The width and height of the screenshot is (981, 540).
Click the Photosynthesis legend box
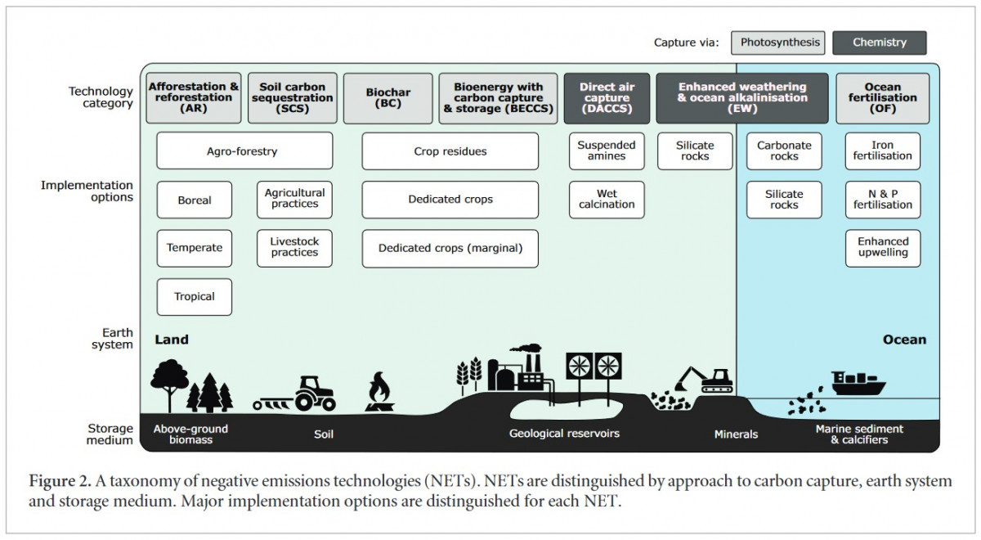pyautogui.click(x=777, y=43)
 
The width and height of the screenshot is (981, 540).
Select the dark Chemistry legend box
pyautogui.click(x=880, y=43)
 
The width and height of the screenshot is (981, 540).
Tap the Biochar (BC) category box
pyautogui.click(x=387, y=98)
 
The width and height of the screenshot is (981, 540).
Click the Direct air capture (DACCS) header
pyautogui.click(x=607, y=98)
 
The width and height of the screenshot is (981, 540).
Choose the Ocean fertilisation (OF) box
pyautogui.click(x=882, y=98)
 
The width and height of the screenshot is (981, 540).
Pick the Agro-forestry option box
pyautogui.click(x=244, y=151)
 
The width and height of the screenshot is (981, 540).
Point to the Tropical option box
pyautogui.click(x=194, y=297)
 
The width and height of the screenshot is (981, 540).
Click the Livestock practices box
pyautogui.click(x=294, y=247)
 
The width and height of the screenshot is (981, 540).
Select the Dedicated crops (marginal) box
pyautogui.click(x=450, y=248)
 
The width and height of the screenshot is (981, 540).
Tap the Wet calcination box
pyautogui.click(x=607, y=200)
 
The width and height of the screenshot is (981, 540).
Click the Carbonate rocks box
pyautogui.click(x=784, y=151)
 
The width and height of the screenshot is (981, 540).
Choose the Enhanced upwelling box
pyautogui.click(x=882, y=247)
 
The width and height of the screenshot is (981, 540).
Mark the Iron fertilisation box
pyautogui.click(x=882, y=151)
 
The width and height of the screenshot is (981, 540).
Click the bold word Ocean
pyautogui.click(x=904, y=340)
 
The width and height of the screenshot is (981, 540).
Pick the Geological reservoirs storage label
pyautogui.click(x=564, y=434)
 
